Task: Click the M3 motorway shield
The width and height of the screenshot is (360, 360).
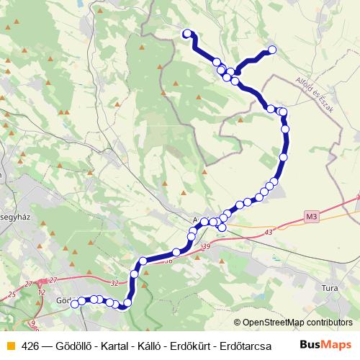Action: [311, 215]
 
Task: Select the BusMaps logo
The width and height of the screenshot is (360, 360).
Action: [326, 344]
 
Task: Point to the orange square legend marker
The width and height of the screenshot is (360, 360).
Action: [9, 345]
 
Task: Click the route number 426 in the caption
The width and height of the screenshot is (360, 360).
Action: [31, 345]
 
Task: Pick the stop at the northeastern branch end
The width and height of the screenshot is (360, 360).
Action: [272, 50]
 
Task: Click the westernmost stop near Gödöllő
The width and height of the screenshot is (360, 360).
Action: [74, 304]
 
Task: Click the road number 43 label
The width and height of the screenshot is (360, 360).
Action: [269, 231]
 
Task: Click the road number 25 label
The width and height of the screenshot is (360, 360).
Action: [12, 295]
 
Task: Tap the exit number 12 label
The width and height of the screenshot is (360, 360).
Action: [40, 294]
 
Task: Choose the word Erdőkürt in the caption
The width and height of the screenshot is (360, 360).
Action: [188, 345]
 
